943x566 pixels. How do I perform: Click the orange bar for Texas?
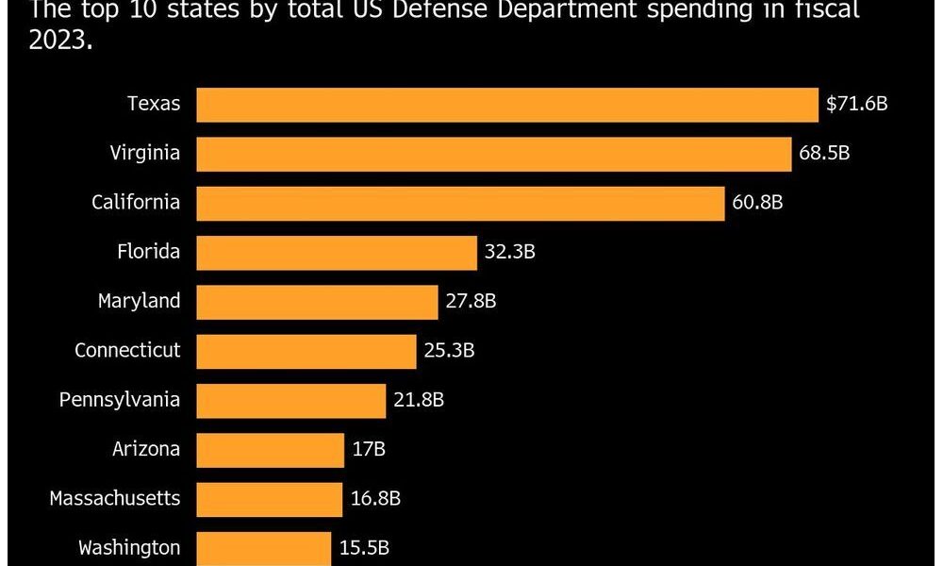point(507,105)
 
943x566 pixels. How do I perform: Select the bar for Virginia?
point(493,154)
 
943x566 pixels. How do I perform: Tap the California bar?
point(460,203)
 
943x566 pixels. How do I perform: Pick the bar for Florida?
point(337,253)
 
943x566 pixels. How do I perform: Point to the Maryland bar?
point(317,302)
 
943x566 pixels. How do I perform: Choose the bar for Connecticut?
point(306,351)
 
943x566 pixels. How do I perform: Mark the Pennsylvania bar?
point(291,400)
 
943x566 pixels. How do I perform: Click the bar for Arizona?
point(271,450)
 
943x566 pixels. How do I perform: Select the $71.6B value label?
point(856,105)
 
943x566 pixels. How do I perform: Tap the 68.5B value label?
point(824,154)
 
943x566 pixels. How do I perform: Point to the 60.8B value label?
point(758,203)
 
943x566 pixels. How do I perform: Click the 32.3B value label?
point(510,253)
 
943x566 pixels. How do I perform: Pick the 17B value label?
point(369,450)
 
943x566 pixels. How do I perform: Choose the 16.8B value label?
point(375,499)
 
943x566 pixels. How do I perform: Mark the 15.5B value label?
point(364,548)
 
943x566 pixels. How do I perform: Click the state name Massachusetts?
point(114,498)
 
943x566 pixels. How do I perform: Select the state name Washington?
point(128,547)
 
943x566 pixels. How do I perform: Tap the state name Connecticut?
point(127,351)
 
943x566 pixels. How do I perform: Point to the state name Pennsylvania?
point(119,400)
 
